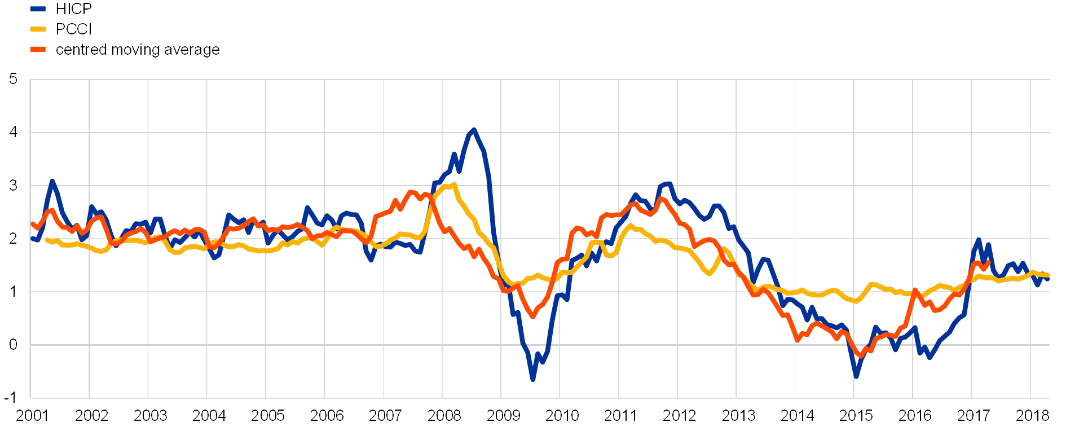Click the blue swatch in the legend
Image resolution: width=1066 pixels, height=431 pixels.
38,8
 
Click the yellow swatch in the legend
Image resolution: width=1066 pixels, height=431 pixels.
38,29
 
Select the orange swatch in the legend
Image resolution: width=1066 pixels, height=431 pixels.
38,49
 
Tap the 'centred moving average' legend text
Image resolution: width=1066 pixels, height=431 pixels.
138,50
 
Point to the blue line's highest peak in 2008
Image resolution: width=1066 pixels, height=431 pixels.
473,130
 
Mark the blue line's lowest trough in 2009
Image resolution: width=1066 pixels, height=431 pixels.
532,380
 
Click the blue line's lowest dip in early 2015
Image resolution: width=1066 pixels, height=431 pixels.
856,376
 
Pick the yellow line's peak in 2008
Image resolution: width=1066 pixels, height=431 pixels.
454,184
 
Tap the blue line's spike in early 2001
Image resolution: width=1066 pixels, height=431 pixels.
52,181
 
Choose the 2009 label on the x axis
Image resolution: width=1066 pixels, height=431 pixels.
503,416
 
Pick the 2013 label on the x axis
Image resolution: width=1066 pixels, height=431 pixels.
738,416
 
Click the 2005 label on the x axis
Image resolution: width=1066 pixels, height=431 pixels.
267,416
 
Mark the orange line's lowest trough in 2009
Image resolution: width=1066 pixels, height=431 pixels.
532,318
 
